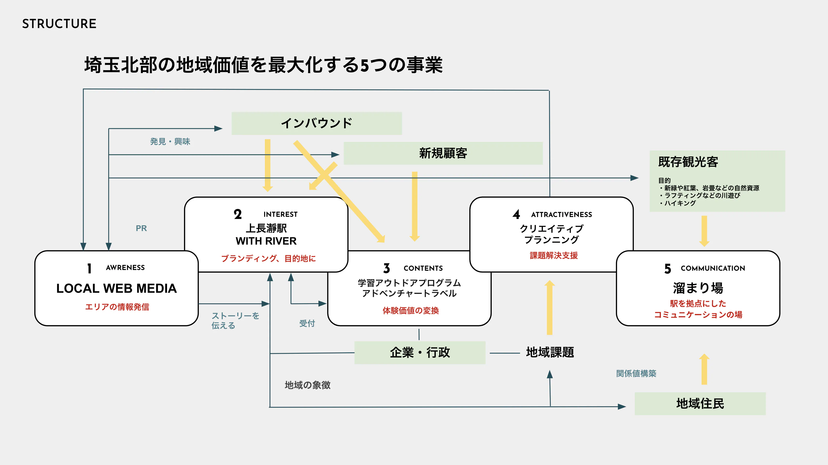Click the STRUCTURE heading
coord(59,24)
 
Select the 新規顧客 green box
coord(443,153)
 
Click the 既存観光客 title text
coord(688,162)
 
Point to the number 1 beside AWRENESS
coord(89,268)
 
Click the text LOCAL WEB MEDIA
coord(116,288)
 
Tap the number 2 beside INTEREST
coord(238,214)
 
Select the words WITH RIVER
coord(266,241)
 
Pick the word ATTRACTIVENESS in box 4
coord(561,215)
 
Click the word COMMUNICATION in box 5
coord(713,268)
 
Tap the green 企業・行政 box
coord(420,352)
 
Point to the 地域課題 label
coord(550,352)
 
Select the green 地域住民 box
coord(700,403)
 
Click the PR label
coord(141,228)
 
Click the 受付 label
coord(307,323)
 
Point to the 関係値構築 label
coord(636,374)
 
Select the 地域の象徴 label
coord(307,385)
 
